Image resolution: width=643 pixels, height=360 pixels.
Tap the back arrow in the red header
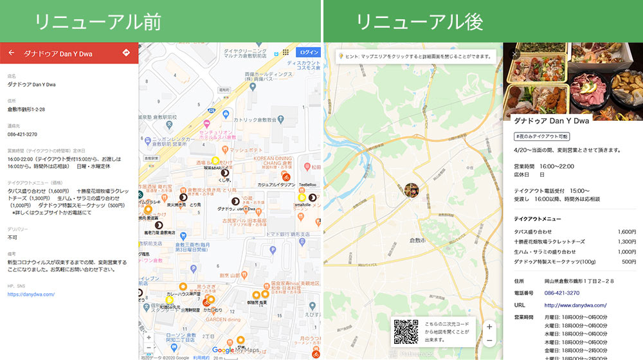coord(11,53)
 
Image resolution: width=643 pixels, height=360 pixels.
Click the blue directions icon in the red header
coord(126,53)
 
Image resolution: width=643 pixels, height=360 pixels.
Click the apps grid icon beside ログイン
coord(285,52)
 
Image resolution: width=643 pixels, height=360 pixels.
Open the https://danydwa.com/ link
coord(31,294)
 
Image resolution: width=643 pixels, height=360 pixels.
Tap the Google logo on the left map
coord(223,350)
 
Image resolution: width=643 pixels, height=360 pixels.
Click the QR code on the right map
coord(406,330)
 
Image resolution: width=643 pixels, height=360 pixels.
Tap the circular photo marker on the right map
coord(411,190)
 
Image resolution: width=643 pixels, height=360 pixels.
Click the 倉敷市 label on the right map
coord(419,240)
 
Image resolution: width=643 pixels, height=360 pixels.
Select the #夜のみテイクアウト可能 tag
coord(541,136)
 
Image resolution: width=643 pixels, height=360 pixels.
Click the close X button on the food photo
coord(514,54)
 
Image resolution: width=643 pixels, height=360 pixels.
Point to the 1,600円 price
coord(626,231)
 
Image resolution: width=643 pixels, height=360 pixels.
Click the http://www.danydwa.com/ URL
coord(575,305)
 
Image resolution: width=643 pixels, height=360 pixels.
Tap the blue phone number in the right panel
coord(563,293)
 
